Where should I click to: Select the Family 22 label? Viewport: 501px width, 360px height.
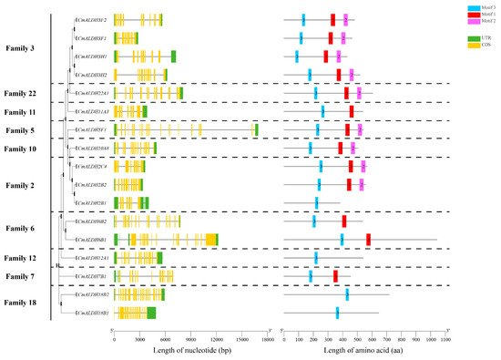tap(20, 93)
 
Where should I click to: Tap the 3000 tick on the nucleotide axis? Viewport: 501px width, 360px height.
tap(139, 339)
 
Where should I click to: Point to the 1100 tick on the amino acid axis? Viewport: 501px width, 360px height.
tap(445, 339)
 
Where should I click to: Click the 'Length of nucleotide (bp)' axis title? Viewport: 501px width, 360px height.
tap(190, 351)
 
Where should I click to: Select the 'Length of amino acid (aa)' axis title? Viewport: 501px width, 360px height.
tap(364, 351)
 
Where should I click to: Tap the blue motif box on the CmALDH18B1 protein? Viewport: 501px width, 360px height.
tap(337, 313)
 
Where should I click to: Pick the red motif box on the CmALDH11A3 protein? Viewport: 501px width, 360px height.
tap(352, 111)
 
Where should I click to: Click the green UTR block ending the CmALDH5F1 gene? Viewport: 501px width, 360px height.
tap(256, 129)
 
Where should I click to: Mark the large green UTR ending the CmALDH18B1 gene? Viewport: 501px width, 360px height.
tap(151, 313)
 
